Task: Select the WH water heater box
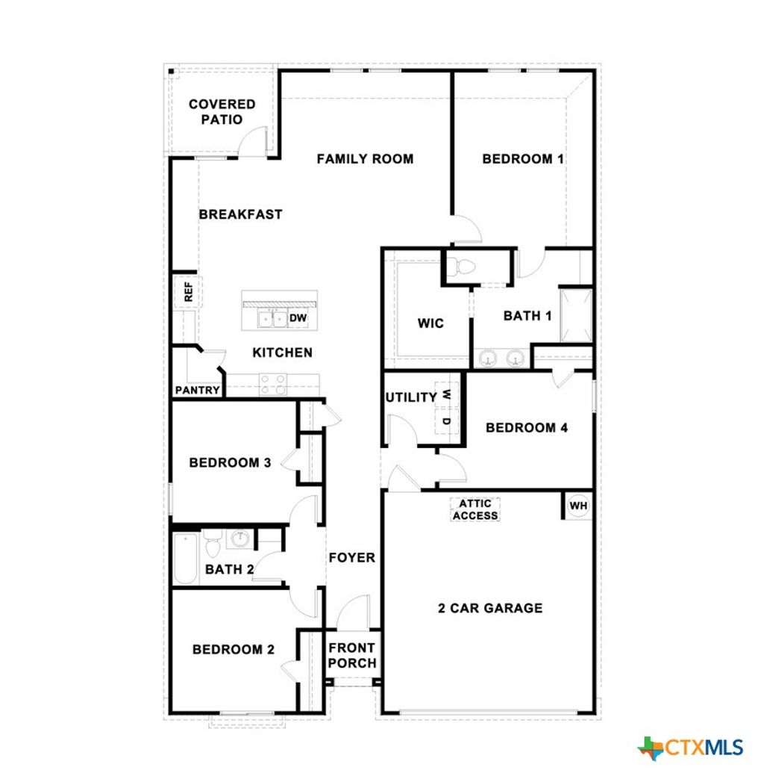tap(578, 506)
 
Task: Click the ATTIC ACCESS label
tap(475, 509)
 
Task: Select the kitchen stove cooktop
tap(273, 384)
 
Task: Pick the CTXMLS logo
tap(691, 747)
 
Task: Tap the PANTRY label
tap(197, 390)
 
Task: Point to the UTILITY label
tap(410, 397)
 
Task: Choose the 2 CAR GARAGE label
tap(489, 608)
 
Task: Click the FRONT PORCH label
tap(352, 655)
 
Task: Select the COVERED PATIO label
tap(222, 111)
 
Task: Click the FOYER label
tap(351, 557)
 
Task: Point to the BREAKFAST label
tap(240, 214)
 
